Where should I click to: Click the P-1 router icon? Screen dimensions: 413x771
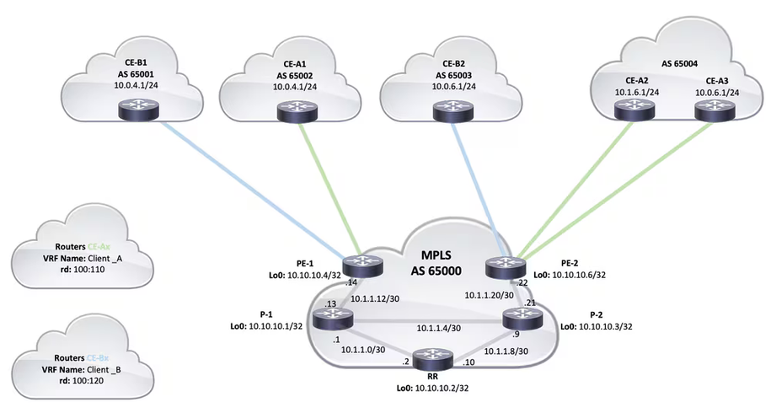(x=329, y=319)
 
